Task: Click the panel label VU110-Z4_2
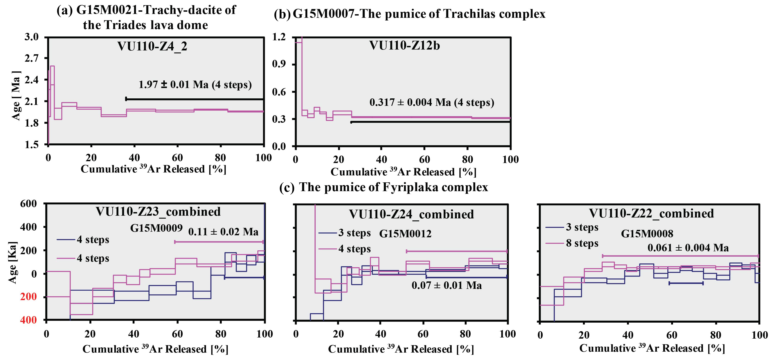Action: coord(152,46)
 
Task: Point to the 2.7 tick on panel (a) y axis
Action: coord(32,58)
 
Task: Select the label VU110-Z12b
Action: coord(404,46)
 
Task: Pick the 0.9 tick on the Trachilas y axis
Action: coord(279,64)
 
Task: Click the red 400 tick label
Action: coord(29,320)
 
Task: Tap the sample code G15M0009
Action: coord(156,228)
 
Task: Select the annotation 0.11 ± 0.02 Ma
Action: coord(223,232)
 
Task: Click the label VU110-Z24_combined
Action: coord(411,214)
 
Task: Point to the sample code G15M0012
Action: coord(405,234)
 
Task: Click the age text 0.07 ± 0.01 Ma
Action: coord(446,285)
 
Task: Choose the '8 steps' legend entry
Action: coord(582,243)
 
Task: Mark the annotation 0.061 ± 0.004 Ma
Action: coord(688,248)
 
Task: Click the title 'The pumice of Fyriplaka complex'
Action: coord(393,187)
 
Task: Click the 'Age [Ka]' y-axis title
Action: coord(13,262)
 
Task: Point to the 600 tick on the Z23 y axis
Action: coord(28,204)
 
